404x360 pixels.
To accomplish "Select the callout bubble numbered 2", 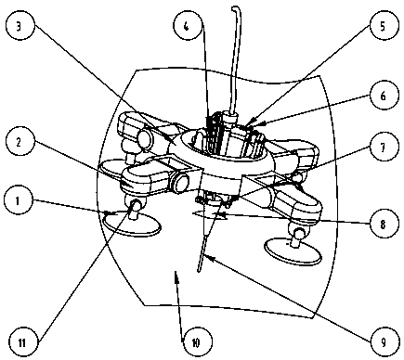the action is (x=20, y=142).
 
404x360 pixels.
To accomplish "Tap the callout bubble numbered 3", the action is (x=20, y=26).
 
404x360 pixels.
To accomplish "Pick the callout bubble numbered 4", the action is (x=187, y=26).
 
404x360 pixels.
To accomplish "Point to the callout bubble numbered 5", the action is (x=383, y=26).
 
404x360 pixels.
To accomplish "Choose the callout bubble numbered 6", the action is (x=384, y=96).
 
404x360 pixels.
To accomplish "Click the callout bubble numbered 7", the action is (x=384, y=147).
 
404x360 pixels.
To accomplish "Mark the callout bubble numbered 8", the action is (x=384, y=224).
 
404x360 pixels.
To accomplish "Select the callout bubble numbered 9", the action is (x=384, y=342).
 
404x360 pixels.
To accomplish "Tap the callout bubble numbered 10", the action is (x=196, y=342).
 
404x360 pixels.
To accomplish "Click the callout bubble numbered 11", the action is (x=22, y=342).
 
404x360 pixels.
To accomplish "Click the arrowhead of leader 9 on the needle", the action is (x=207, y=257).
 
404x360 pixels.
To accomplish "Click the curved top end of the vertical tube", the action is (x=234, y=8).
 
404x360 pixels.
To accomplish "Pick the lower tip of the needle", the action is (x=199, y=271).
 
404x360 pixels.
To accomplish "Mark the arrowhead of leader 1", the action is (x=108, y=213).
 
